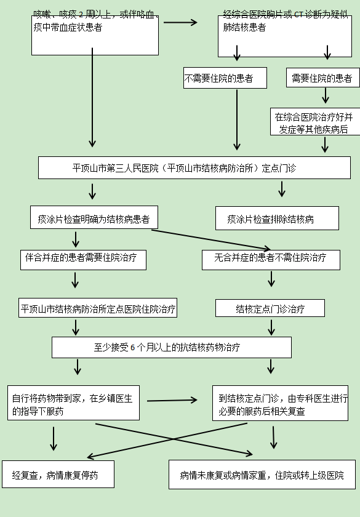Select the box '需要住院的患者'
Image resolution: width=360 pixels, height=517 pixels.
(322, 78)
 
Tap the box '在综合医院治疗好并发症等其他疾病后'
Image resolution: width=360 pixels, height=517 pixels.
(314, 122)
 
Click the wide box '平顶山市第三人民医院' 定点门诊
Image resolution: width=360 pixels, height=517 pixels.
(194, 168)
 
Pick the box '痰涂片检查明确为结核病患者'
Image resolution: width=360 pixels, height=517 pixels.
(94, 218)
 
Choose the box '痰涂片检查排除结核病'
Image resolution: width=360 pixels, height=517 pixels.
(276, 218)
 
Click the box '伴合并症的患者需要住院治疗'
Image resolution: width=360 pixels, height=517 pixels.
(82, 259)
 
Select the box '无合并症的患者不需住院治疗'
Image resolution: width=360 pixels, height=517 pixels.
(271, 259)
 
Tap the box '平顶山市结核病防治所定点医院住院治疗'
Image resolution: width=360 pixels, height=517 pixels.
(98, 308)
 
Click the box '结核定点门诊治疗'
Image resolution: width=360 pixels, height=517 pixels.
(270, 308)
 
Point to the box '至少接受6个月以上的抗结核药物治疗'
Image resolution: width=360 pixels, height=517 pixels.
(171, 347)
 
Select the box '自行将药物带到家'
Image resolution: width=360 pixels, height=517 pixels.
(73, 403)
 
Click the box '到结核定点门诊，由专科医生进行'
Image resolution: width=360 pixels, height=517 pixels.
(279, 403)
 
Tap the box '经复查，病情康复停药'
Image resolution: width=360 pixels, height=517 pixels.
(58, 475)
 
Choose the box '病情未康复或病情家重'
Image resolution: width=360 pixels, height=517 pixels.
(262, 475)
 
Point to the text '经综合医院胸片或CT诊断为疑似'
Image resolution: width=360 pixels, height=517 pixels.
(280, 14)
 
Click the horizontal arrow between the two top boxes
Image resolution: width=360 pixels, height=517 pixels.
(180, 23)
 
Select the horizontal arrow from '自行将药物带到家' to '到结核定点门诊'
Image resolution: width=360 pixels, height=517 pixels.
(172, 400)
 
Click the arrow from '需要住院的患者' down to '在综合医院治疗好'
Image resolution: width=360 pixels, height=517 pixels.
(326, 95)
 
